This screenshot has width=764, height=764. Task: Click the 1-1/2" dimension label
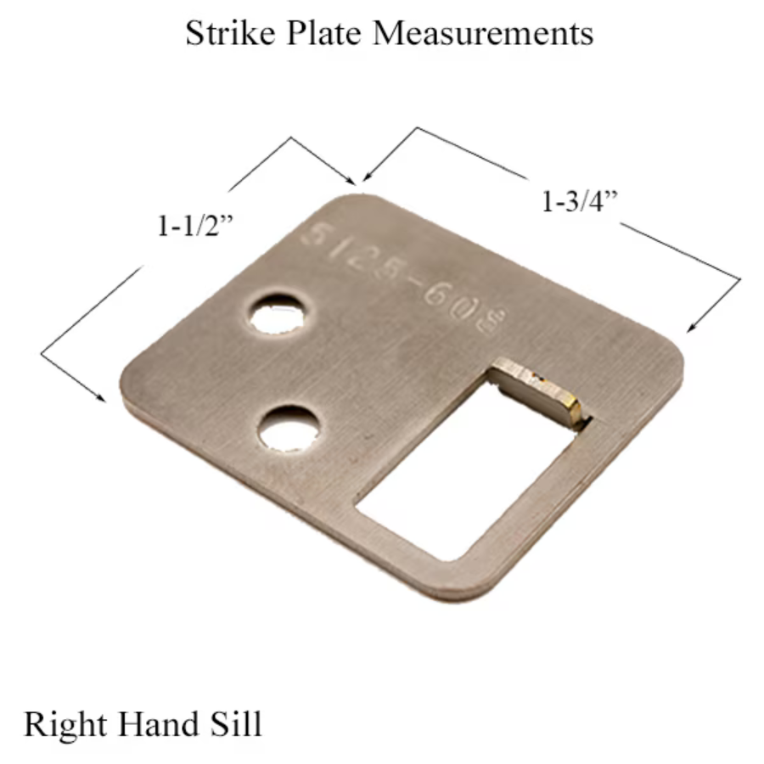(x=194, y=226)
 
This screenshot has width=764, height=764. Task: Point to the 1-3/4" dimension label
(x=578, y=203)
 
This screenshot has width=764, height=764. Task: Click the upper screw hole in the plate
(x=277, y=313)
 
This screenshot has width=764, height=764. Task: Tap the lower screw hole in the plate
(x=289, y=429)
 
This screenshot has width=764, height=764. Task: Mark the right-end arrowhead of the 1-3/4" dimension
(x=692, y=327)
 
